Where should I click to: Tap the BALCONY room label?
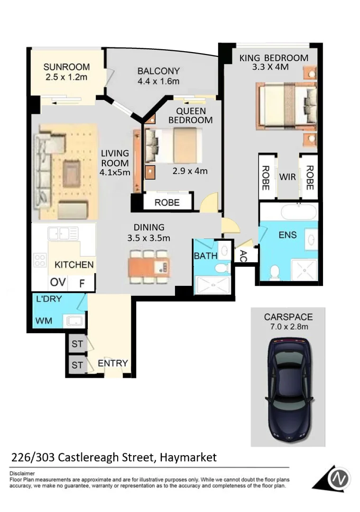point(158,71)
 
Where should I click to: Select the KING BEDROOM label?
point(274,58)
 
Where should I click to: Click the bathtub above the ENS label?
point(298,211)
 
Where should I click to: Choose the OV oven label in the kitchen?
point(57,283)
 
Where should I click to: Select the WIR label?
point(288,177)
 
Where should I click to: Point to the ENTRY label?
point(113,364)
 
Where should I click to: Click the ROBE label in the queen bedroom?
point(167,202)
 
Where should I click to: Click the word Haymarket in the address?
point(188,457)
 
